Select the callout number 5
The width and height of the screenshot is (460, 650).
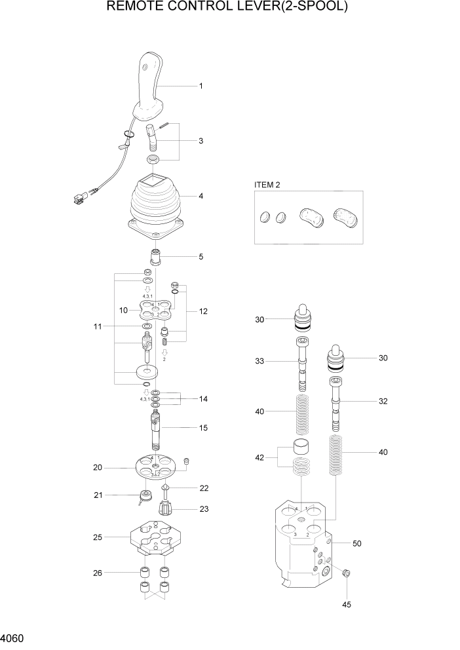pos(201,256)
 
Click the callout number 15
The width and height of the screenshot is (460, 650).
pos(203,428)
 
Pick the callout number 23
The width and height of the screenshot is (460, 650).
pos(204,508)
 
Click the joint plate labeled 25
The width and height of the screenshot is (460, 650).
pos(155,537)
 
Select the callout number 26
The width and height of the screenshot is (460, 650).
pos(97,572)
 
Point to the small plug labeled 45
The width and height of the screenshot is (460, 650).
pos(347,574)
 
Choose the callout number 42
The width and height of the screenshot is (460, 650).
pos(259,457)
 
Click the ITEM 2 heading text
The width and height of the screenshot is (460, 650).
pos(267,185)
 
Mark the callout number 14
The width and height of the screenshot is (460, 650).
pos(203,398)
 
